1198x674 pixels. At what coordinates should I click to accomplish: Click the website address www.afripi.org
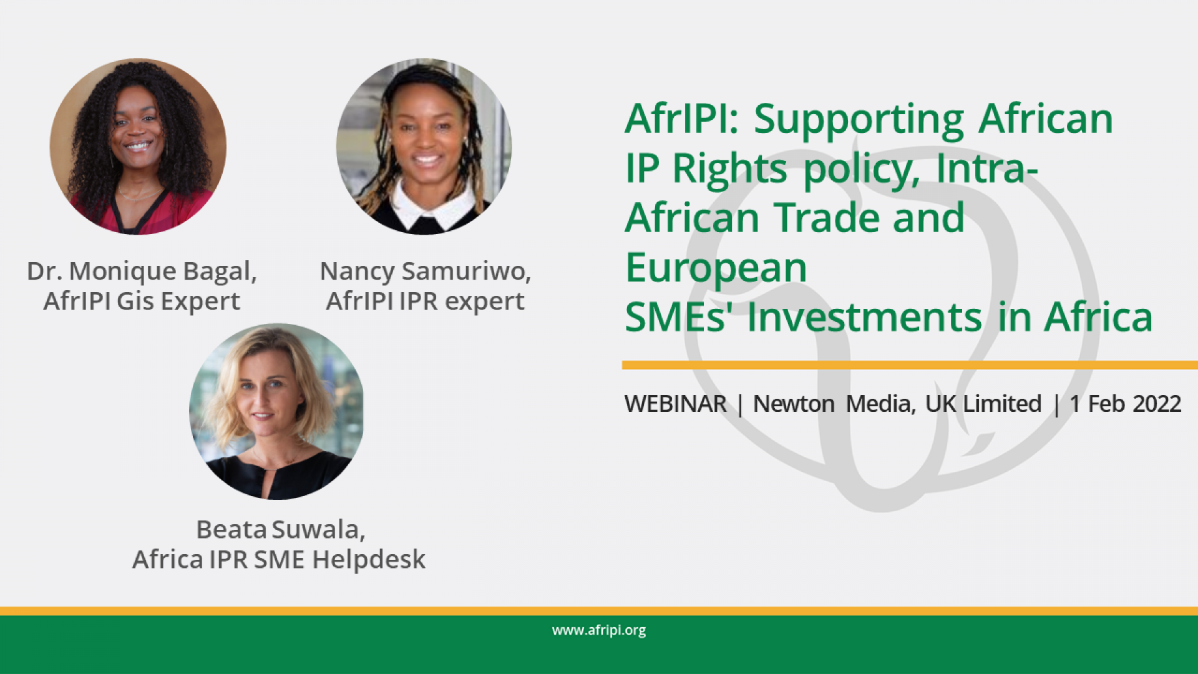click(598, 630)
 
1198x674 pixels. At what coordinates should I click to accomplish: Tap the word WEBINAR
click(675, 404)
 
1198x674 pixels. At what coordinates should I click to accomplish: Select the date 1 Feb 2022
click(1125, 404)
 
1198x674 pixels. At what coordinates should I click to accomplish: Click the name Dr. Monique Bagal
click(142, 271)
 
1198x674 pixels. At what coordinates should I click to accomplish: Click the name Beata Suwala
click(280, 530)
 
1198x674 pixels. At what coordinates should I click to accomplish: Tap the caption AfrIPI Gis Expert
click(142, 301)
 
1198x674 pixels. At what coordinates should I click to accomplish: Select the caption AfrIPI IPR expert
click(425, 301)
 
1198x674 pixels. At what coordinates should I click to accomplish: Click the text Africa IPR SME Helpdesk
click(278, 560)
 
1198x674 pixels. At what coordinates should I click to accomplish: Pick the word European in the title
click(716, 268)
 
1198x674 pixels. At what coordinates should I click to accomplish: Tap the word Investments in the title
click(864, 318)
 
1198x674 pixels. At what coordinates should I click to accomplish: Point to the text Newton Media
click(833, 404)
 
